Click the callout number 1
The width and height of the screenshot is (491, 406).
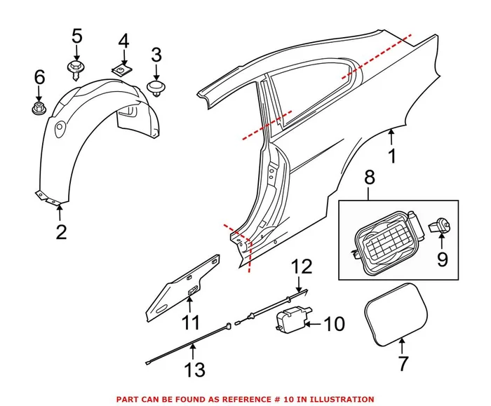coord(392,156)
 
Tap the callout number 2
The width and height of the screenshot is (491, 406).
coord(61,231)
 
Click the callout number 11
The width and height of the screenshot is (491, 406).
coord(191,323)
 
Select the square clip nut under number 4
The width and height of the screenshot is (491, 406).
coord(124,70)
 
